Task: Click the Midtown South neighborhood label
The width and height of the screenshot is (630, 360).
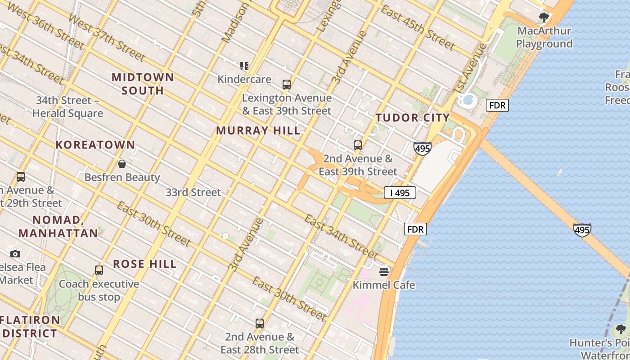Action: pos(143,84)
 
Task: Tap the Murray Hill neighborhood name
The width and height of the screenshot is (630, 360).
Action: pos(258,131)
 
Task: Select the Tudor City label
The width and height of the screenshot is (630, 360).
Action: pos(413,118)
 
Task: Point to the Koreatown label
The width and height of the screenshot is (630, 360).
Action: pos(95,145)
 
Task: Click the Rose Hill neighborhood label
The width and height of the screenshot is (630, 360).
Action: pos(144,264)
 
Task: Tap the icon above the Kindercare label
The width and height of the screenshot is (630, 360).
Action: pos(244,66)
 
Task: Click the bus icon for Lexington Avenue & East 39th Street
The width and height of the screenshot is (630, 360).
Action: pos(287,84)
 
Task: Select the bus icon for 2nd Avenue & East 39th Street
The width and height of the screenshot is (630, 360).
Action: pos(358,145)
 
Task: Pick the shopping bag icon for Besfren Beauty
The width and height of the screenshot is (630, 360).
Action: pos(121,164)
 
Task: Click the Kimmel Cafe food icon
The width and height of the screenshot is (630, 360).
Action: pos(384,271)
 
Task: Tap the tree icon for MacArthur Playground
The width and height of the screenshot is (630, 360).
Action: pos(544,18)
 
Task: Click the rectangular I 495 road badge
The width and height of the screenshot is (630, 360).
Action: pos(400,193)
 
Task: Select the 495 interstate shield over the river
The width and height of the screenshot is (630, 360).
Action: pos(582,230)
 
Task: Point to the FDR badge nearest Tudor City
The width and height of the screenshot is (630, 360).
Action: pos(497,106)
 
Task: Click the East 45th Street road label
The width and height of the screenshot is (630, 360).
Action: pos(418,27)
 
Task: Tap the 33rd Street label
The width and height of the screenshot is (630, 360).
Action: pos(193,193)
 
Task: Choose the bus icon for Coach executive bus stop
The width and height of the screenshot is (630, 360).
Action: pos(99,270)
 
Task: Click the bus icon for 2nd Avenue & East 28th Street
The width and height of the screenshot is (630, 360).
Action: pos(260,323)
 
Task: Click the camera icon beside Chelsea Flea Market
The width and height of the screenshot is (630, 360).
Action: pos(15,254)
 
